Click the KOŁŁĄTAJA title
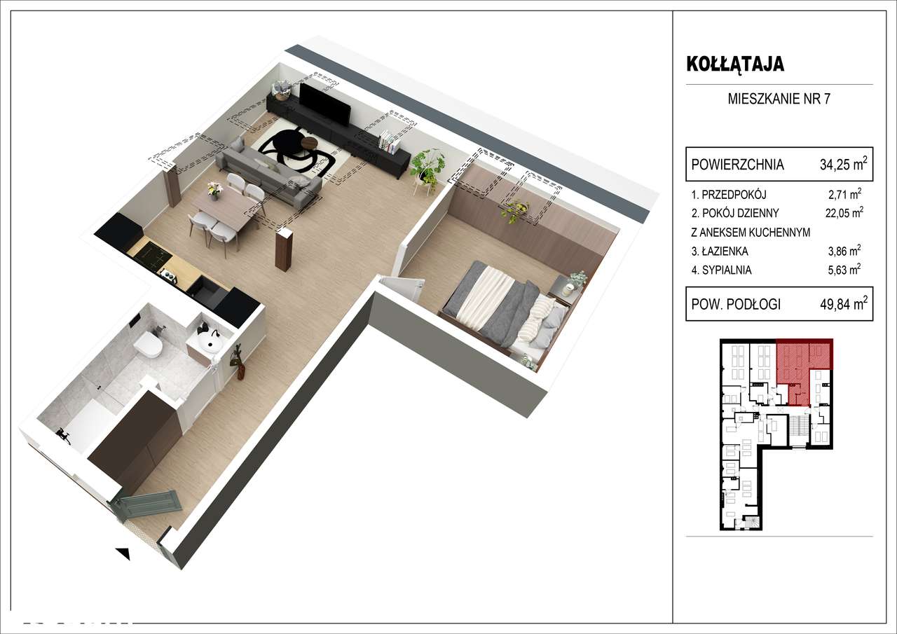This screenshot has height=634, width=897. pyautogui.click(x=734, y=64)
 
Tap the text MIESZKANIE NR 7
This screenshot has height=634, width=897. pyautogui.click(x=779, y=99)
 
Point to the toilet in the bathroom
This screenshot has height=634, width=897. pyautogui.click(x=149, y=343)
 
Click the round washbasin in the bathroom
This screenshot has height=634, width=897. pyautogui.click(x=210, y=343)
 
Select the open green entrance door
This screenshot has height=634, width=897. pyautogui.click(x=149, y=502)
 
